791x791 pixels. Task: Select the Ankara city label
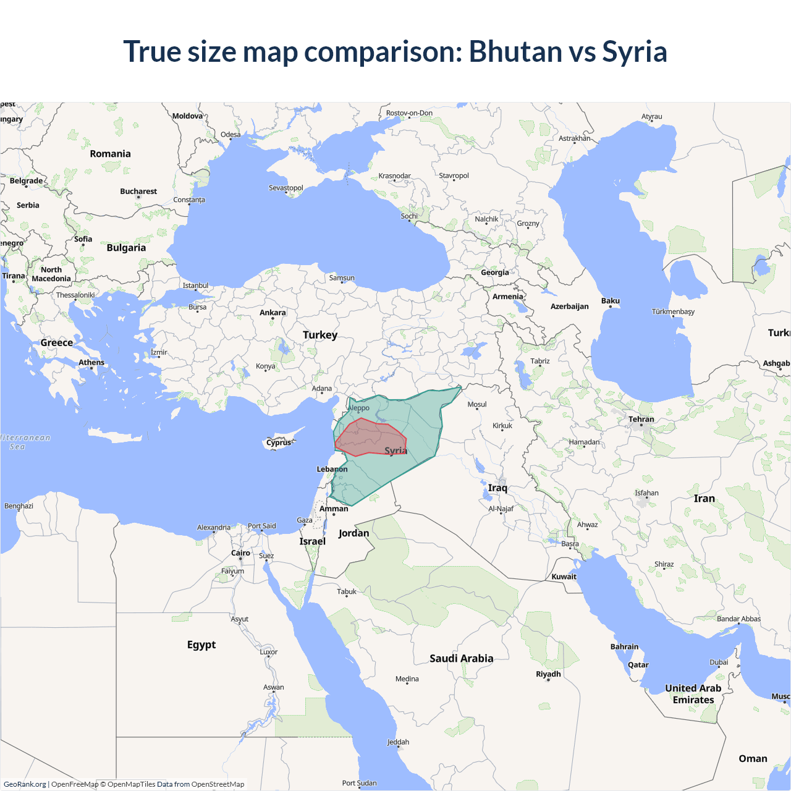(x=273, y=313)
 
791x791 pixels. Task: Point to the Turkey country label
(x=320, y=335)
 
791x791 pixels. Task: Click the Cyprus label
(x=279, y=442)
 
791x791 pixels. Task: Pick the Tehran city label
(x=641, y=419)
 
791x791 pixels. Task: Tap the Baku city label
(x=611, y=301)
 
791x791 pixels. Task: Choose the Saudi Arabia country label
(x=462, y=659)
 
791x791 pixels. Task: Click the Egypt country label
(x=201, y=645)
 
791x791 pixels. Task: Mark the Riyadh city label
(x=548, y=674)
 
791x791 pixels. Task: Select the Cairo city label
(x=240, y=553)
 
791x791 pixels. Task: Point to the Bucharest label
(x=138, y=192)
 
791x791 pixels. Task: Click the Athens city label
(x=91, y=363)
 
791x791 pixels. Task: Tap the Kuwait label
(x=564, y=577)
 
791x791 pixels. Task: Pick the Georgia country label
(x=495, y=273)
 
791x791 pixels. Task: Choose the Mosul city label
(x=477, y=405)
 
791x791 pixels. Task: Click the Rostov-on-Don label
(x=409, y=113)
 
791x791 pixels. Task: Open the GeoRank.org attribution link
(x=25, y=784)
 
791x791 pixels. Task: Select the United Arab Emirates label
(x=693, y=694)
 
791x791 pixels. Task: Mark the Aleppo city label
(x=359, y=408)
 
